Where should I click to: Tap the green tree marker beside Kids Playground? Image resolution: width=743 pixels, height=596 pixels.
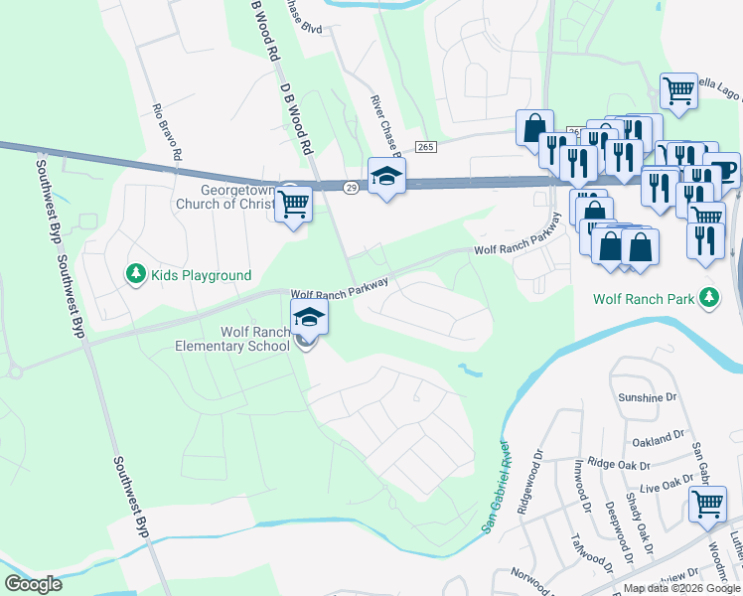coord(134,273)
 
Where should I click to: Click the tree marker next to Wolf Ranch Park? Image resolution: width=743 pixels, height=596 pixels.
coord(707,296)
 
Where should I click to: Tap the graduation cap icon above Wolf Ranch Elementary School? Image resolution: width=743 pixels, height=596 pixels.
coord(309,318)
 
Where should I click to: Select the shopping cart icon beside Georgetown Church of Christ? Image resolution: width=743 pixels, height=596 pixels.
coord(293,204)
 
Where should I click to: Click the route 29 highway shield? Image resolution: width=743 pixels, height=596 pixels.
coord(351,189)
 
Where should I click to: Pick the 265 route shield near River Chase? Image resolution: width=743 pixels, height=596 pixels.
coord(426,147)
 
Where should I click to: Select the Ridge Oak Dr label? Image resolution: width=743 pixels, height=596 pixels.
coord(619,464)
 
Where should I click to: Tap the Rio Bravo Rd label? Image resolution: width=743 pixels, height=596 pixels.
coord(167,132)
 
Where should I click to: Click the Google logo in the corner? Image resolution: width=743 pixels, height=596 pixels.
coord(34,584)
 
